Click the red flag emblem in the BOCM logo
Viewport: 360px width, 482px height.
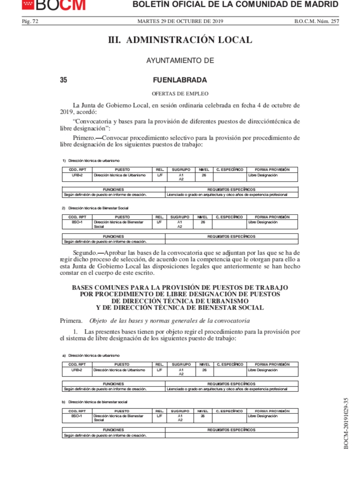click(28, 4)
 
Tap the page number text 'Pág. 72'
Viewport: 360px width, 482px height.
click(30, 21)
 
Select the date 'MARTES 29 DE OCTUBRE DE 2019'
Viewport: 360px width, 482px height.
click(180, 21)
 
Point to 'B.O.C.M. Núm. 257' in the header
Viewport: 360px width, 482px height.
click(316, 21)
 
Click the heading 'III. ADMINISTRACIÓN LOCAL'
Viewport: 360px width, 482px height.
click(180, 40)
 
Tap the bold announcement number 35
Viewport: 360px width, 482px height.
click(63, 80)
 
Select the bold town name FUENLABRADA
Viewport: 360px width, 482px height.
click(180, 80)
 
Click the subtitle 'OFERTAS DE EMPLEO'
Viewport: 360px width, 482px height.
click(180, 94)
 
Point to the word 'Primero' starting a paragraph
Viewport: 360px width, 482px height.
click(84, 138)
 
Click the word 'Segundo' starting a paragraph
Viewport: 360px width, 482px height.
click(85, 253)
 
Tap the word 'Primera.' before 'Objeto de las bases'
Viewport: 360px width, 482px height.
click(71, 321)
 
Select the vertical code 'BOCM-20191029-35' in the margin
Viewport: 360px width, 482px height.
click(346, 423)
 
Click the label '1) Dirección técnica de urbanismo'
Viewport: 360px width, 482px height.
click(91, 161)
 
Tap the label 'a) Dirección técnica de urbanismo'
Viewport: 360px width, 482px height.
click(91, 355)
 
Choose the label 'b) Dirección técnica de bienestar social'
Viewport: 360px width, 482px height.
click(95, 402)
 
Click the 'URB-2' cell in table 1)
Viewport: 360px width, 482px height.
click(77, 175)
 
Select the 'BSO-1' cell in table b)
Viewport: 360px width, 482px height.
click(77, 416)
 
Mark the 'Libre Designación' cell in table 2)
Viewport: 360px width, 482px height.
click(263, 222)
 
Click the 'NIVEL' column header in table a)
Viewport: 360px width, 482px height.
click(204, 364)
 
